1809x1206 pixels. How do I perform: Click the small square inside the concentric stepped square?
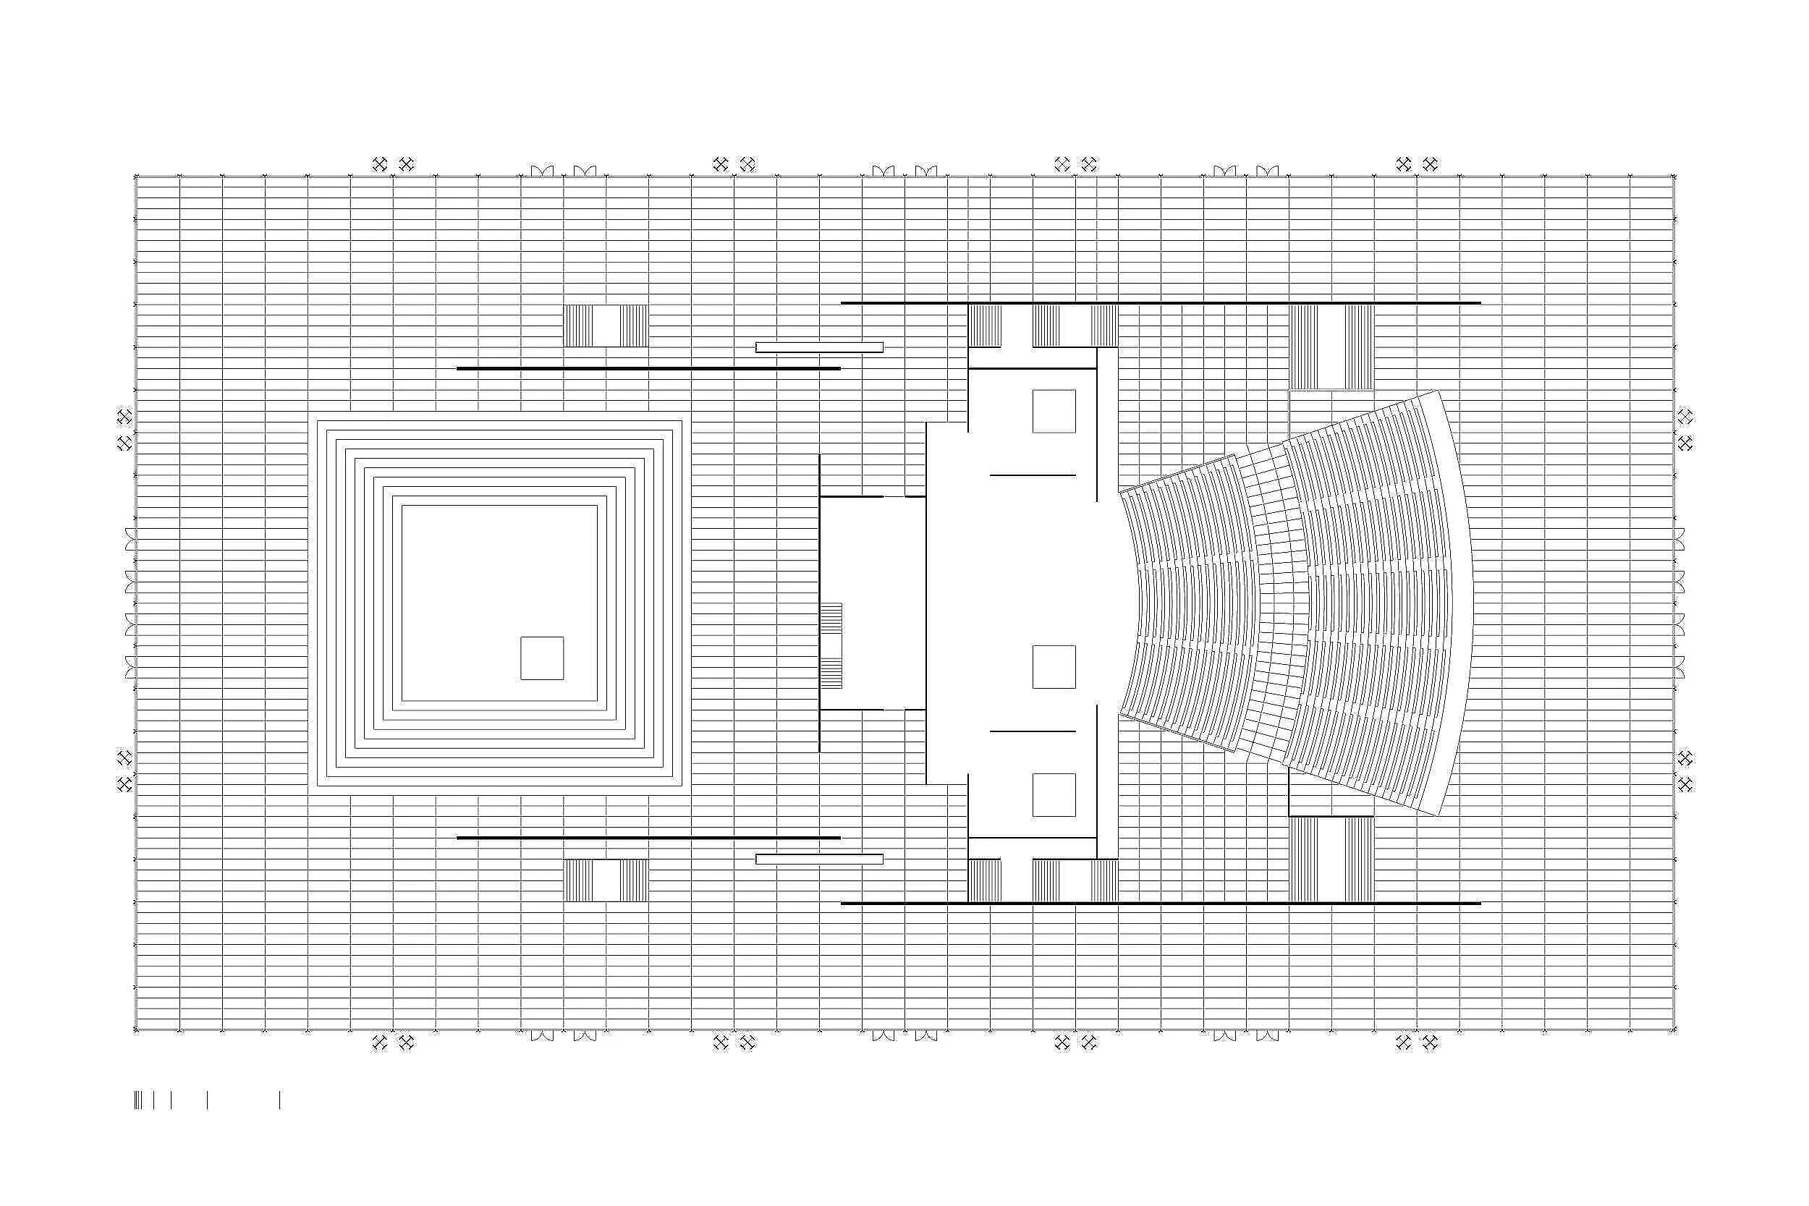click(541, 658)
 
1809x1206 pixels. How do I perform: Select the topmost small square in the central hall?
click(1054, 411)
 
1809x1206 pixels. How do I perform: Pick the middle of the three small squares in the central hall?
click(1054, 667)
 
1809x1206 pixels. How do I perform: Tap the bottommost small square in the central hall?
click(1054, 794)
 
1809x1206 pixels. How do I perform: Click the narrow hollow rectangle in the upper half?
click(819, 347)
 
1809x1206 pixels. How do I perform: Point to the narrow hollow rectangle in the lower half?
click(819, 859)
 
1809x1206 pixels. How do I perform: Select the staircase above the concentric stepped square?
click(606, 326)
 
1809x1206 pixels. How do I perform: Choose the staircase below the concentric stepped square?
click(606, 880)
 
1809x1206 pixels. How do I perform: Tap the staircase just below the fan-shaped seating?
click(1331, 858)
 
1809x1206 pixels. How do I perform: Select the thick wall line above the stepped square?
click(648, 368)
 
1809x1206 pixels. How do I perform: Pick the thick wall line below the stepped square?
click(648, 838)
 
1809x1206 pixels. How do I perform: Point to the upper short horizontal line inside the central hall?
click(1032, 475)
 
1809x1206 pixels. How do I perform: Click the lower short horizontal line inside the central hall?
click(1032, 731)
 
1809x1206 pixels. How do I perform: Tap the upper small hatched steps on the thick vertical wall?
click(831, 618)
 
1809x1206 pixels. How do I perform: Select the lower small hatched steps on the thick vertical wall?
click(831, 674)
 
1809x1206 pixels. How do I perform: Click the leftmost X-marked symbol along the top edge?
click(379, 164)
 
